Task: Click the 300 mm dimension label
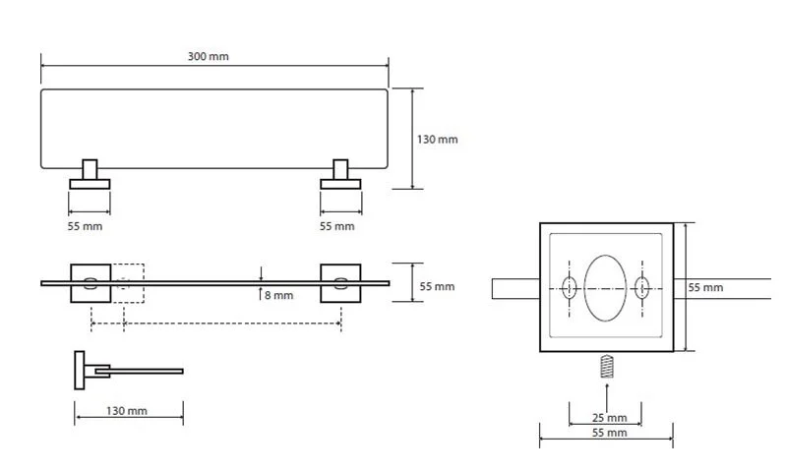click(x=208, y=57)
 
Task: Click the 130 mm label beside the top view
click(x=437, y=140)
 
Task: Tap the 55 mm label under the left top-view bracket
click(x=86, y=226)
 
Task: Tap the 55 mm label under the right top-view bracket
click(x=337, y=226)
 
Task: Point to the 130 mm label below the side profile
click(x=127, y=411)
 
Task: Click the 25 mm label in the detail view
click(x=606, y=416)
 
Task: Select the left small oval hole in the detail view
click(x=570, y=288)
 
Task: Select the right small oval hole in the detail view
click(x=642, y=288)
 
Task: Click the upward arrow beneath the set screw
click(x=606, y=393)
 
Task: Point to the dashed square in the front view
click(x=127, y=283)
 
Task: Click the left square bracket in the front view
click(x=90, y=283)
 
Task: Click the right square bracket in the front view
click(x=340, y=283)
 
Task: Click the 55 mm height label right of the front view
click(x=437, y=286)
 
